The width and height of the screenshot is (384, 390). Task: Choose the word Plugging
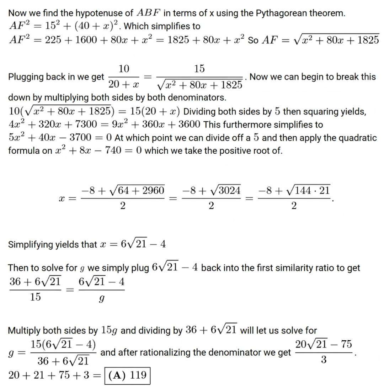[23, 77]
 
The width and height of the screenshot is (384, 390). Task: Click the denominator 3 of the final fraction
[324, 360]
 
